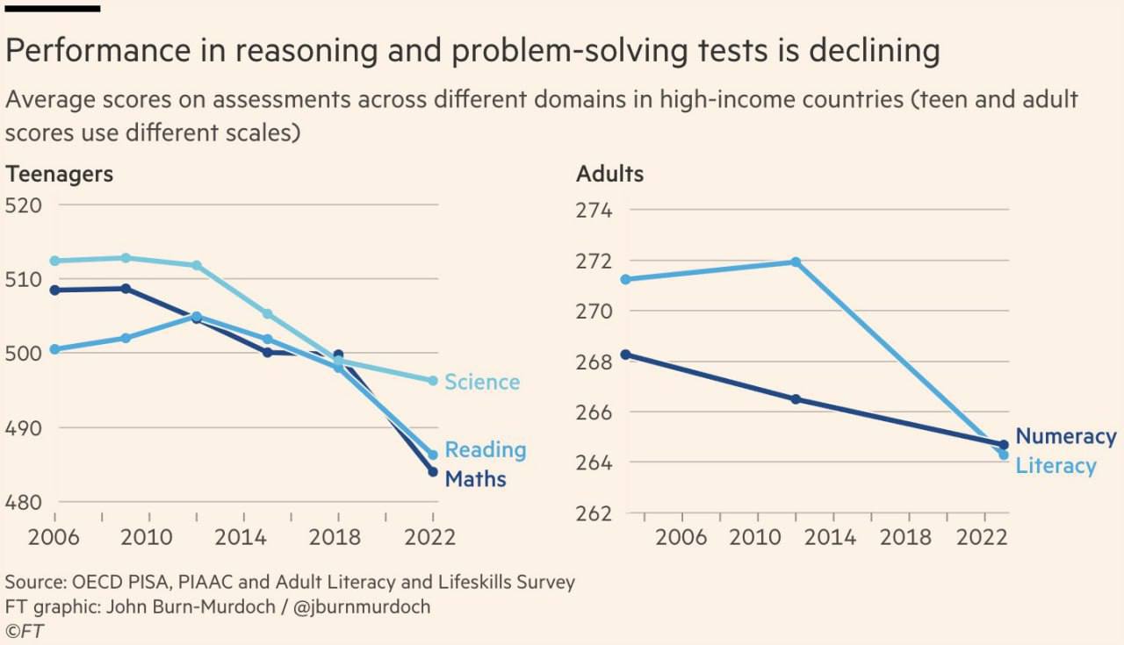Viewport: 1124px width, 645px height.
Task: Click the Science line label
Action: point(482,383)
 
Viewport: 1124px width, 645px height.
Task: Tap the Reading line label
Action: point(485,450)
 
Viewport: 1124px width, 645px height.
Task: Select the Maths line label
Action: point(475,479)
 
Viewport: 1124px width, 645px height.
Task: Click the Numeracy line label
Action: point(1065,436)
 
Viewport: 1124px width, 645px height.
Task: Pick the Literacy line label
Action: point(1056,466)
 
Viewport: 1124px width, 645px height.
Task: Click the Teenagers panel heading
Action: point(60,174)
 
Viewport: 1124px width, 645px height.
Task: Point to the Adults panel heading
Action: point(609,174)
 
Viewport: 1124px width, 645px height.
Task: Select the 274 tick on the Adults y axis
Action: point(594,211)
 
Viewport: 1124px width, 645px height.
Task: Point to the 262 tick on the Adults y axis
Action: point(594,512)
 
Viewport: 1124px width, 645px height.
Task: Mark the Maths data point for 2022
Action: point(433,471)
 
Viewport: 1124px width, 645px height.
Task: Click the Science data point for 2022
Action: point(433,381)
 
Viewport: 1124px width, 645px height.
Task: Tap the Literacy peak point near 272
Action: point(796,262)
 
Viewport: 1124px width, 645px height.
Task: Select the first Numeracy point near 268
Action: point(625,355)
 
